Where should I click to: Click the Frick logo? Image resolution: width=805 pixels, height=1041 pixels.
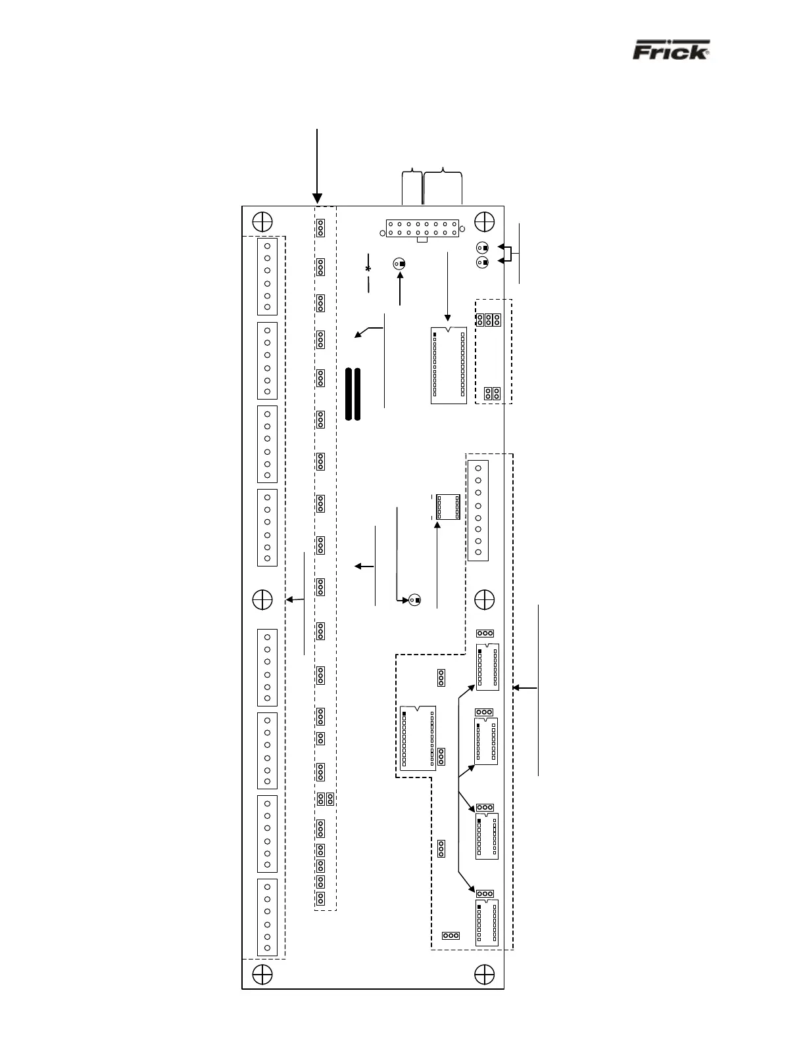pos(671,51)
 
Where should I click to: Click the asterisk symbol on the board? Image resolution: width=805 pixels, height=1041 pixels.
pos(368,269)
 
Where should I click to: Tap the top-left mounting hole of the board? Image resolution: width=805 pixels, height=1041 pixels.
pos(262,220)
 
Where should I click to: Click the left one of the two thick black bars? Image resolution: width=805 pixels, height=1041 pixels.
pos(347,394)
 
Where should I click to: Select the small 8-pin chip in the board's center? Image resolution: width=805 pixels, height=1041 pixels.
pos(447,506)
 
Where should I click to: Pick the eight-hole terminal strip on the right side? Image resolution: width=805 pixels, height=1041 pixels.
pos(478,511)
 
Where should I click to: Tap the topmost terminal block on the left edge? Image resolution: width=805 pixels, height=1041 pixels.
pos(268,277)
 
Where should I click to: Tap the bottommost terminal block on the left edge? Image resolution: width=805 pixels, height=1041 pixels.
pos(268,917)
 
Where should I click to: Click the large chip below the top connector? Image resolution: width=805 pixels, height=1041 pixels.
pos(449,365)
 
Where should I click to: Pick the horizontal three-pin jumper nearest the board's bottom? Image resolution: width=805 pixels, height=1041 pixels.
pos(451,935)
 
